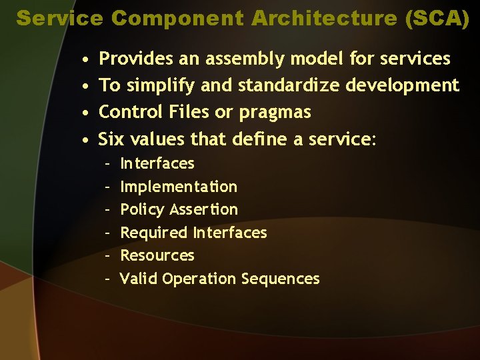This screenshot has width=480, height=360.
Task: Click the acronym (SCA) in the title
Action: (x=437, y=18)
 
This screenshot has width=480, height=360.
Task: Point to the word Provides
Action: (x=135, y=59)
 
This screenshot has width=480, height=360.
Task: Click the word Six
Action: (x=111, y=139)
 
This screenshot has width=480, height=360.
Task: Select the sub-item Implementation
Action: (x=178, y=187)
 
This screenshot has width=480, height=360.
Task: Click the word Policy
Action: (x=142, y=210)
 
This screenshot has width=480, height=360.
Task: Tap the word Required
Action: (x=154, y=233)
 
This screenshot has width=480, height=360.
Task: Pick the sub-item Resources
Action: (x=157, y=255)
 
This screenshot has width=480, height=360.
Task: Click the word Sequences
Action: (x=281, y=279)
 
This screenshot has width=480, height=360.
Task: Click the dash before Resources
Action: (x=107, y=255)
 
